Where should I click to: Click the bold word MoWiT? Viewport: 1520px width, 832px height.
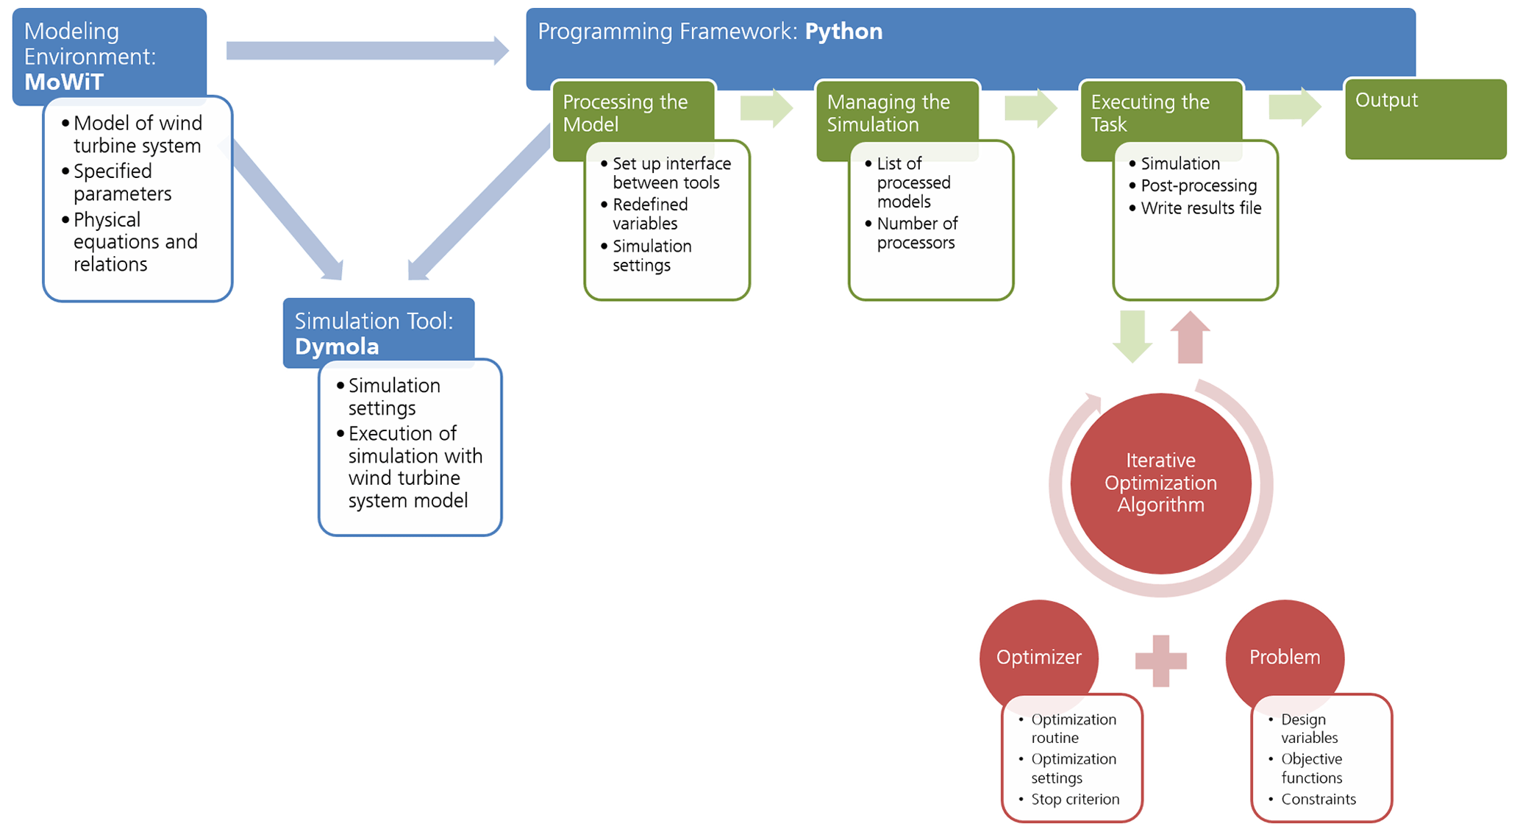[x=63, y=82]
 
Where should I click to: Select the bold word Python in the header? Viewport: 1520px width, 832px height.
[x=843, y=32]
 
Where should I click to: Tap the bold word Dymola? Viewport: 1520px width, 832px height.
[x=337, y=346]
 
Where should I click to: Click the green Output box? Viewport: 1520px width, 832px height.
[x=1424, y=119]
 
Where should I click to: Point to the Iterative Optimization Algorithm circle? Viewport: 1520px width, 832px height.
[x=1160, y=483]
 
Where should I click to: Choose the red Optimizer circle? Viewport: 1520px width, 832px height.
[x=1038, y=657]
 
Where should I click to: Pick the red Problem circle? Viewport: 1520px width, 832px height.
[x=1284, y=657]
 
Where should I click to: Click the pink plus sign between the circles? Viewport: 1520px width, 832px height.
[x=1160, y=661]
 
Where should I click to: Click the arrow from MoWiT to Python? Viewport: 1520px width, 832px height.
[x=367, y=51]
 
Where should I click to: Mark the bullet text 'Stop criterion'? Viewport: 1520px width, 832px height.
[x=1074, y=800]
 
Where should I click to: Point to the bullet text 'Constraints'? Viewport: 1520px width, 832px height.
[x=1318, y=800]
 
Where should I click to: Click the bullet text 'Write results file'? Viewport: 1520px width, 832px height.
[x=1200, y=208]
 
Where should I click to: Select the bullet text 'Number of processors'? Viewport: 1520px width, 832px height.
[x=916, y=233]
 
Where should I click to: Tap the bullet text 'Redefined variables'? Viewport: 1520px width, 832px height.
[x=650, y=214]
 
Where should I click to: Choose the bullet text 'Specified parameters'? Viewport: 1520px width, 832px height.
[x=122, y=182]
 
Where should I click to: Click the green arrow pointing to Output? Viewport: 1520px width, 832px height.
[x=1294, y=107]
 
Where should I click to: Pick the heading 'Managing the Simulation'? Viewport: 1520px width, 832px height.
[x=888, y=113]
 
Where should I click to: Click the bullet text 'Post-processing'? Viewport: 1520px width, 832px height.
[x=1198, y=186]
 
